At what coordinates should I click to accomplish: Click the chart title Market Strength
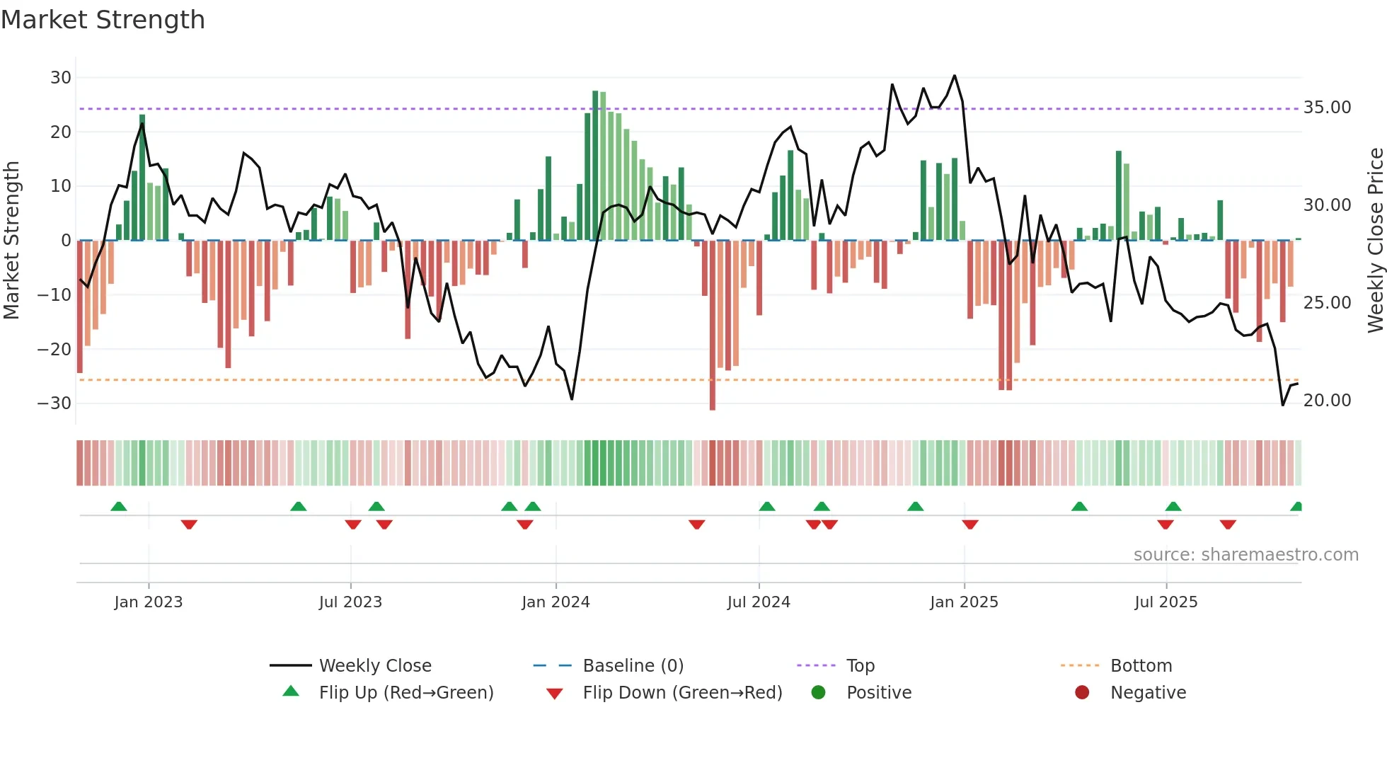click(103, 20)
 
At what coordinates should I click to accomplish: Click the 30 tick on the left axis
click(61, 78)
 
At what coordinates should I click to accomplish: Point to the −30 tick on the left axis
click(54, 403)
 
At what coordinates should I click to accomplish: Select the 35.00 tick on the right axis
click(1327, 108)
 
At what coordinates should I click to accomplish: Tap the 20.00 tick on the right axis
click(1327, 401)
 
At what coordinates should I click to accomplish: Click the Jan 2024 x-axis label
click(556, 602)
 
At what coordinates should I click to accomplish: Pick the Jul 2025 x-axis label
click(1166, 602)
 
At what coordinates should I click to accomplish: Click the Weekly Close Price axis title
click(1375, 241)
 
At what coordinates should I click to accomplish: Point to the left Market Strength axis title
click(11, 241)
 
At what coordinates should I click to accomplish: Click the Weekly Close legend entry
click(374, 666)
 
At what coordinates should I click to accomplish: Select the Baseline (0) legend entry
click(633, 666)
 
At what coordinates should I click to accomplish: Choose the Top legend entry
click(860, 666)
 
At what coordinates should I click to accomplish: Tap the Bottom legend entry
click(1141, 666)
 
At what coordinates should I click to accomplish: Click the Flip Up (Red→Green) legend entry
click(405, 693)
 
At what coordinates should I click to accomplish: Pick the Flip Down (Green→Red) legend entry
click(682, 693)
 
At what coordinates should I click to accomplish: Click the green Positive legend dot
click(819, 693)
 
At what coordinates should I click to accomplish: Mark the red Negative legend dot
click(1082, 693)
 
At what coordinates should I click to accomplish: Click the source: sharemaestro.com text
click(1245, 555)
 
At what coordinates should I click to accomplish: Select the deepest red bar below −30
click(712, 325)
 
